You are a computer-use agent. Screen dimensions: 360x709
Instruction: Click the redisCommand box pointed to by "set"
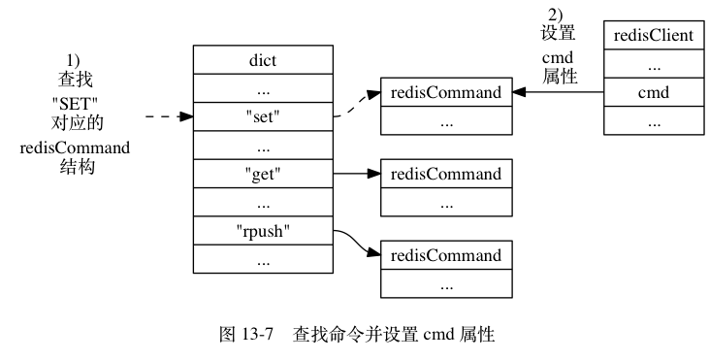click(445, 92)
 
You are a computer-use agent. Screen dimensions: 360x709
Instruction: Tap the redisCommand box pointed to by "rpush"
click(445, 255)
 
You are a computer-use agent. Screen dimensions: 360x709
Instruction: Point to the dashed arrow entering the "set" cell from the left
click(168, 118)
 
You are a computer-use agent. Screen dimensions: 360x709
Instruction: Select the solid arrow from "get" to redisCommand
click(356, 175)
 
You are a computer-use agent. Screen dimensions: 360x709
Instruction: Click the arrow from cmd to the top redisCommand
click(557, 92)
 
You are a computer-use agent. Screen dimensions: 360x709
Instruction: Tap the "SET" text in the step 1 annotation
click(76, 104)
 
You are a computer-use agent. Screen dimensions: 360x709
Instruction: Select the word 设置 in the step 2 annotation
click(558, 32)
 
